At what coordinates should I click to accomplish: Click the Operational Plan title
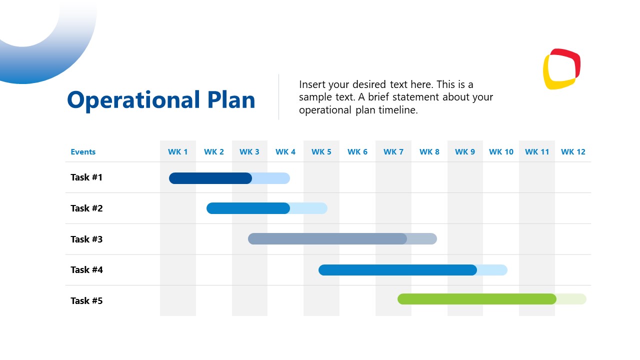click(161, 100)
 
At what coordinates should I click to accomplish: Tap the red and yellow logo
click(561, 69)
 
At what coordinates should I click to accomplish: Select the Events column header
click(83, 152)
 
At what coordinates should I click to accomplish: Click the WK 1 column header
click(178, 152)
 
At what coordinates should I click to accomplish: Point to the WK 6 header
click(357, 152)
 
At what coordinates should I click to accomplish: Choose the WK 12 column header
click(573, 152)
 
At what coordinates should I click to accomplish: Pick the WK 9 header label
click(465, 152)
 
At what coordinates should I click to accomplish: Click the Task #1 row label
click(86, 177)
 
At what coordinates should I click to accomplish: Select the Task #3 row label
click(86, 239)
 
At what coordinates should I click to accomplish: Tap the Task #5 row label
click(86, 301)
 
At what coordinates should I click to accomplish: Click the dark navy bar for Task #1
click(210, 178)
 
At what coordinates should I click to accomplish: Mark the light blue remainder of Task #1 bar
click(271, 178)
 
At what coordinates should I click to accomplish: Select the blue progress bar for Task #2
click(248, 208)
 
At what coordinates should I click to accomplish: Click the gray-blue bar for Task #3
click(327, 239)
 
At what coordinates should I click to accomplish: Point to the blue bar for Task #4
click(397, 270)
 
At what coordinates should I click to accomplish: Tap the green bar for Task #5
click(476, 299)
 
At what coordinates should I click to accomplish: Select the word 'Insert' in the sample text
click(312, 84)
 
